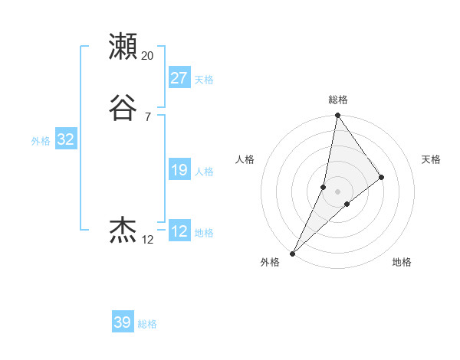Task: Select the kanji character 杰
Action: coord(123,230)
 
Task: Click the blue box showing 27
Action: coord(179,78)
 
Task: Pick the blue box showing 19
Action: coord(179,170)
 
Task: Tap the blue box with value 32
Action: coord(65,139)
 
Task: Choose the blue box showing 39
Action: coord(123,322)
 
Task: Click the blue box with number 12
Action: coord(179,231)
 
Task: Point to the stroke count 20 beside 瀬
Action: coord(148,56)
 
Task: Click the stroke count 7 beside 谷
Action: coord(147,117)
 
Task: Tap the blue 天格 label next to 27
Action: coord(204,80)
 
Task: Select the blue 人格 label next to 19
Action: coord(204,172)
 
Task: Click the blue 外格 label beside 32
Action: coord(41,141)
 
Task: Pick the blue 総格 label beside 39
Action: coord(148,324)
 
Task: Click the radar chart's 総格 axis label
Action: coord(338,100)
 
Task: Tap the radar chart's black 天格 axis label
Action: coord(431,159)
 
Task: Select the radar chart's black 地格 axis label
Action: coord(402,263)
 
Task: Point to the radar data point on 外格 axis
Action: coord(292,253)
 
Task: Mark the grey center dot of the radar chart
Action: coord(338,191)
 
